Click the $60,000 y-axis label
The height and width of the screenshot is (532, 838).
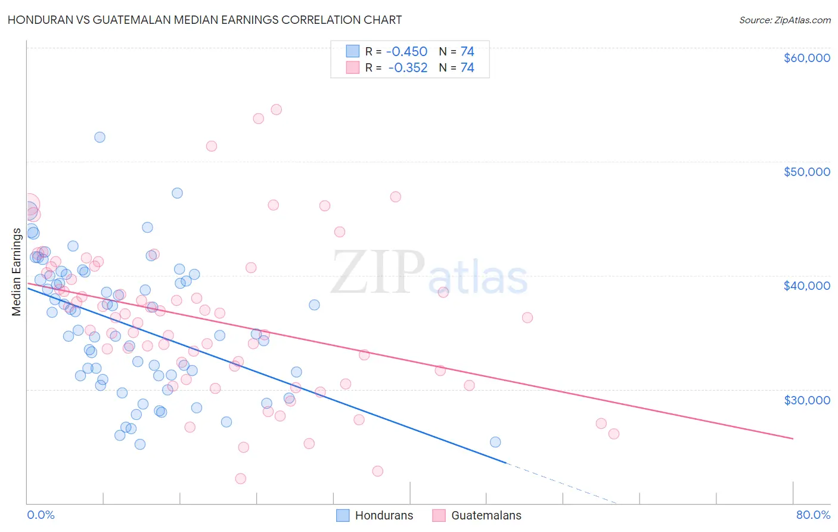(x=806, y=58)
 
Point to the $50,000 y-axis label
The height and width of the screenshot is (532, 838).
(x=806, y=172)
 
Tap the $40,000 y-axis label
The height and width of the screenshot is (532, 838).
(x=806, y=286)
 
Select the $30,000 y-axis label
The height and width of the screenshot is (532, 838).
(x=806, y=400)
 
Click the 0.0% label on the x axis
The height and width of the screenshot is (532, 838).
(x=41, y=515)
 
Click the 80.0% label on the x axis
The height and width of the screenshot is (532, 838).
(x=813, y=515)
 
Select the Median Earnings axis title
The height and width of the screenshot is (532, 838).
(x=16, y=272)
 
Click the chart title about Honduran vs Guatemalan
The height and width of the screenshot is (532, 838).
(x=204, y=20)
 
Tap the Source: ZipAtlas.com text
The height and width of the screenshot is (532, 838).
(x=784, y=20)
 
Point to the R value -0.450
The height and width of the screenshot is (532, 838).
(x=407, y=52)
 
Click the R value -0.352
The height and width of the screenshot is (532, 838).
(x=408, y=68)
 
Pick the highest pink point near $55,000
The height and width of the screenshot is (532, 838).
(x=276, y=110)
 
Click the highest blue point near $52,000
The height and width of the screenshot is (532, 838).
(x=100, y=137)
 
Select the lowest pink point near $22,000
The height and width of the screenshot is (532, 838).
(x=241, y=478)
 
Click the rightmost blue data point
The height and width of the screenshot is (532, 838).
(x=495, y=442)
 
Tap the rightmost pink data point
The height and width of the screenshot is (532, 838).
(x=614, y=434)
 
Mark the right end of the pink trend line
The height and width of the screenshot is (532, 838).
(x=793, y=438)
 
